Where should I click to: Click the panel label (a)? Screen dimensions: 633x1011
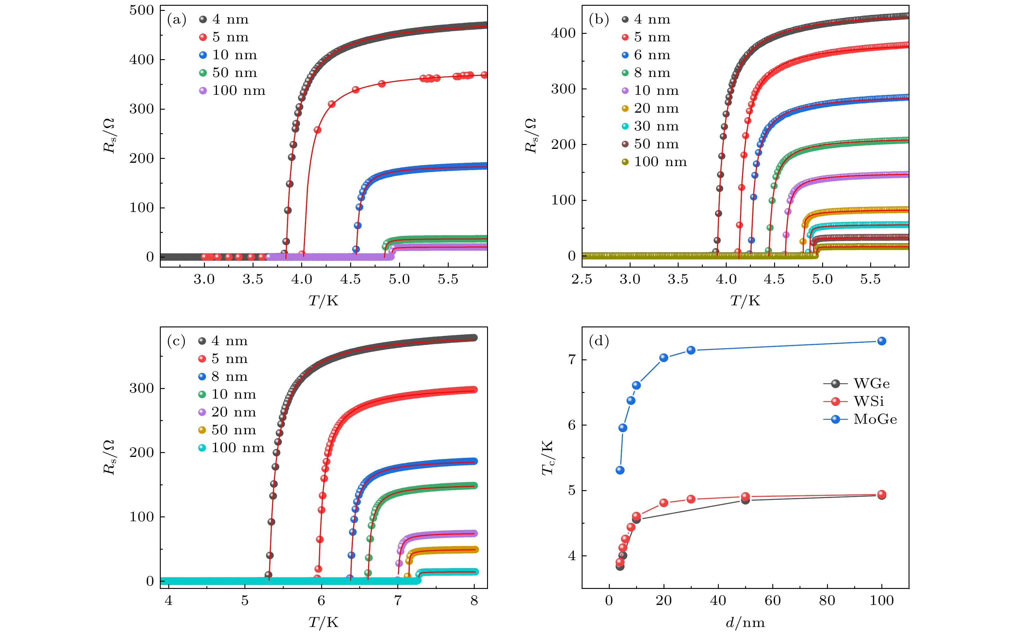click(x=176, y=20)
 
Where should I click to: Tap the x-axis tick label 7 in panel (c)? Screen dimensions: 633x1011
click(x=397, y=601)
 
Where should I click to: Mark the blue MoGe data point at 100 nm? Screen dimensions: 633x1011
click(x=882, y=341)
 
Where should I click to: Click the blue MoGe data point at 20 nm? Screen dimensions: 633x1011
click(x=664, y=358)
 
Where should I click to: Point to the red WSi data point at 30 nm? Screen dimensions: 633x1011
click(x=691, y=499)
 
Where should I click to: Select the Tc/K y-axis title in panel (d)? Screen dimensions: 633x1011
click(x=548, y=458)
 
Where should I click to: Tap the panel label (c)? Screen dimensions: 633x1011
click(x=176, y=341)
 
